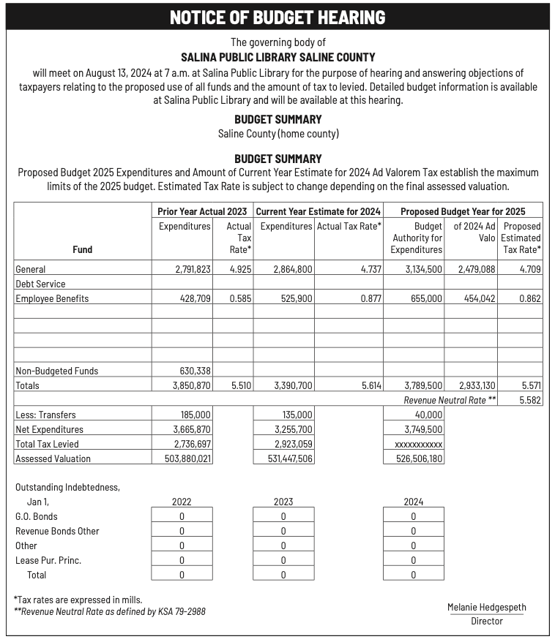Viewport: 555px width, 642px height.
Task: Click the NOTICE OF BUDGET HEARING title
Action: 277,18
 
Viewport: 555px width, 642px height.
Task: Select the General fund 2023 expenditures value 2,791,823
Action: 193,270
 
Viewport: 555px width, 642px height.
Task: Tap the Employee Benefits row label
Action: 52,298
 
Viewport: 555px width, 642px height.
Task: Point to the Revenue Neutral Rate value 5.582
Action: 529,400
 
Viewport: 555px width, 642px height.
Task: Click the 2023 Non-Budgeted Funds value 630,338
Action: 195,371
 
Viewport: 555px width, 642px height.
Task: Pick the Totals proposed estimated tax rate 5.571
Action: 531,385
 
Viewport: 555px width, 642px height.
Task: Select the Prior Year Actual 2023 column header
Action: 202,211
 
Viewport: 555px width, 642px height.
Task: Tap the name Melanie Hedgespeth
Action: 487,608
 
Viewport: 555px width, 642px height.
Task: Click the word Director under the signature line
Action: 487,622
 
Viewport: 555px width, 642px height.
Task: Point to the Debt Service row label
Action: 40,284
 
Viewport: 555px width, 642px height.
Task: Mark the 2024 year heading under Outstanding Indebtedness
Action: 413,502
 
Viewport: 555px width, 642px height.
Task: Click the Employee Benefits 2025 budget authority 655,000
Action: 423,298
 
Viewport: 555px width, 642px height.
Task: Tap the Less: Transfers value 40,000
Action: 424,415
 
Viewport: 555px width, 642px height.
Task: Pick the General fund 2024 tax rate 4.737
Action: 371,270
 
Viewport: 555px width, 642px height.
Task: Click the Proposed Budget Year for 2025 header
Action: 463,211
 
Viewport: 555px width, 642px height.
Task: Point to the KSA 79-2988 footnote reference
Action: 181,611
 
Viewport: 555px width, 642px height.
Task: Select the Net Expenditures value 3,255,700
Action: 293,429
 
